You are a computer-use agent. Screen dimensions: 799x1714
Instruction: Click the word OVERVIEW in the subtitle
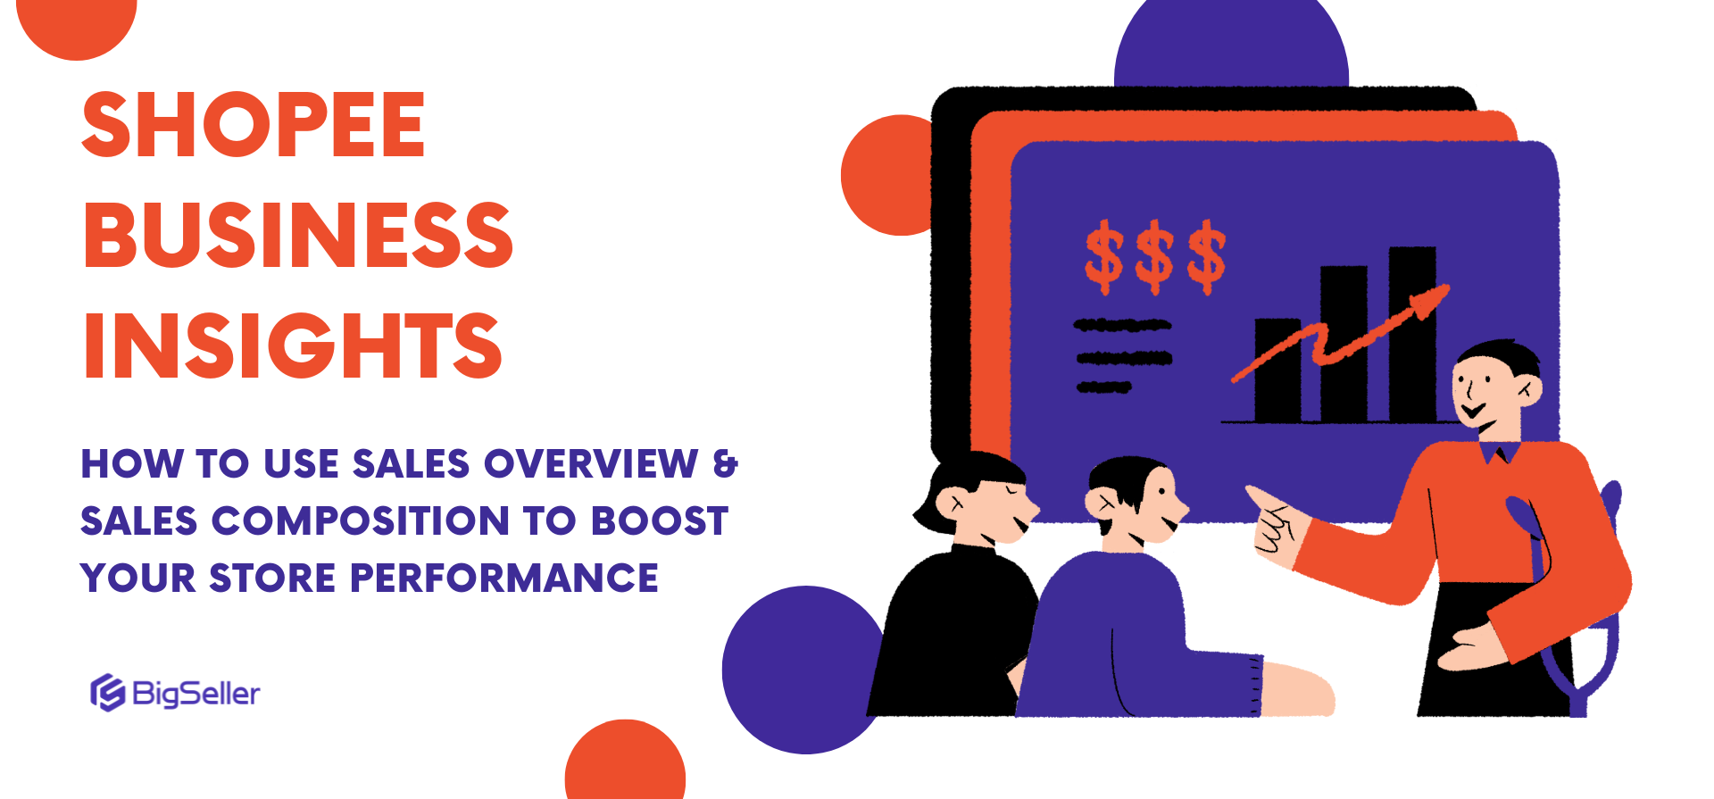pos(591,464)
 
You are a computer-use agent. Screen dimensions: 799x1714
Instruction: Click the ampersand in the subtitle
pos(726,464)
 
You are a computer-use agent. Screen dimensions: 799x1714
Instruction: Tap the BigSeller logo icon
pos(107,693)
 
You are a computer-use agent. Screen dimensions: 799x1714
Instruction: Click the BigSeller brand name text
pos(196,694)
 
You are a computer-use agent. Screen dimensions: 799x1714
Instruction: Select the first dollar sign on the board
pos(1104,257)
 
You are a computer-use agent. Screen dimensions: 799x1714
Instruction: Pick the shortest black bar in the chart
pos(1277,370)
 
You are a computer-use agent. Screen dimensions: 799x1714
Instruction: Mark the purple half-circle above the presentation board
pos(1231,45)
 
